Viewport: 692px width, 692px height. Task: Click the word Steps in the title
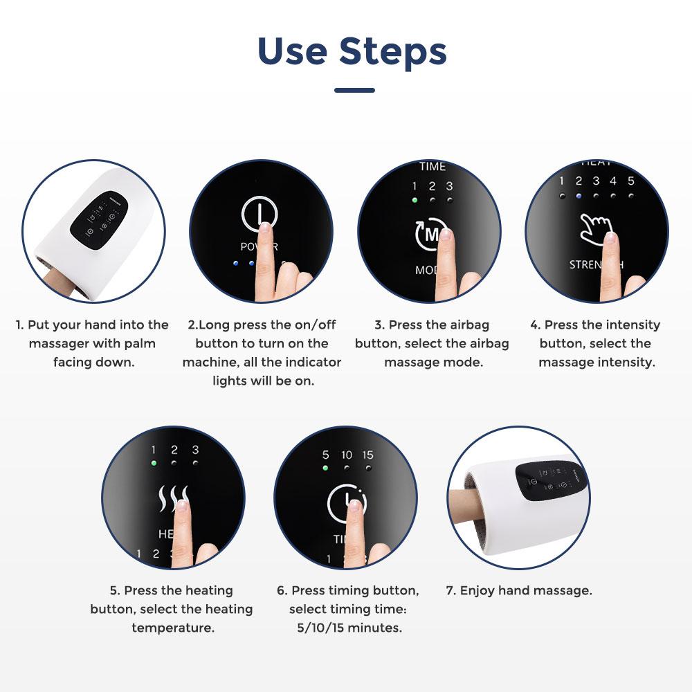tap(392, 51)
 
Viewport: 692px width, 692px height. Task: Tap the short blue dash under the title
tap(354, 90)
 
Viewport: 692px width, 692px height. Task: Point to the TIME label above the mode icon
tap(432, 167)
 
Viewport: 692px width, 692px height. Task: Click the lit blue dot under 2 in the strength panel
tap(579, 196)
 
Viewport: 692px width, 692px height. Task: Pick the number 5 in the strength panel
tap(630, 181)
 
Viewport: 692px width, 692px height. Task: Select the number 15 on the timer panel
tap(367, 455)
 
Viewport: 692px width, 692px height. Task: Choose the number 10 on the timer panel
tap(347, 455)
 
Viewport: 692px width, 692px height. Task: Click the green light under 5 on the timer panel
tap(325, 468)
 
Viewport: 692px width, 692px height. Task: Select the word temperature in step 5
tap(172, 628)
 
